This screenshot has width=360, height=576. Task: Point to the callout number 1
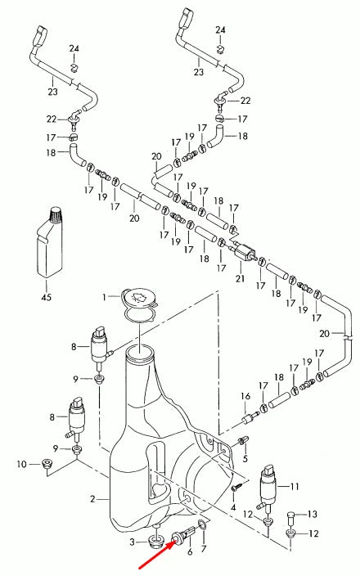tap(104, 295)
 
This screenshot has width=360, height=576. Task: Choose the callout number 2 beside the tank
tap(93, 498)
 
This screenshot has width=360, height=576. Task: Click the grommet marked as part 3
tap(154, 540)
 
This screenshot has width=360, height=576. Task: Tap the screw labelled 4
tap(235, 488)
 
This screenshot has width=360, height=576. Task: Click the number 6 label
tap(190, 552)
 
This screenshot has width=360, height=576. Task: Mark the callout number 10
tap(21, 466)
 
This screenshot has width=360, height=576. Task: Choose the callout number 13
tap(313, 515)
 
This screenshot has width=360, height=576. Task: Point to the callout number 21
tap(240, 279)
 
